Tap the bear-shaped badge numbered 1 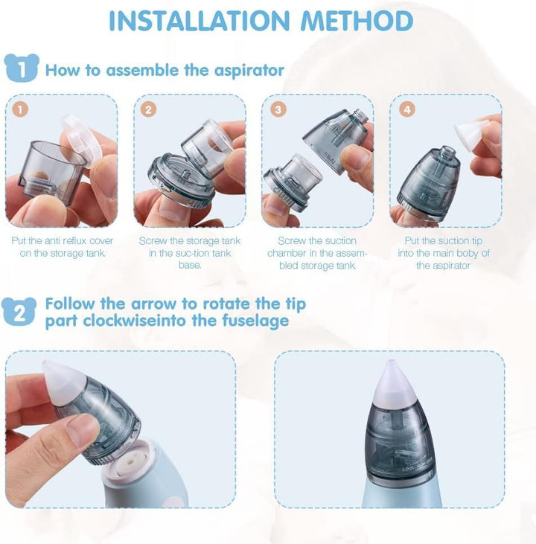click(x=22, y=70)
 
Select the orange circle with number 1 click(x=22, y=109)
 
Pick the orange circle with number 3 click(x=278, y=109)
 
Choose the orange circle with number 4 click(x=406, y=109)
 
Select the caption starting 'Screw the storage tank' click(x=190, y=253)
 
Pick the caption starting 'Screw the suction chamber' click(x=317, y=253)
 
